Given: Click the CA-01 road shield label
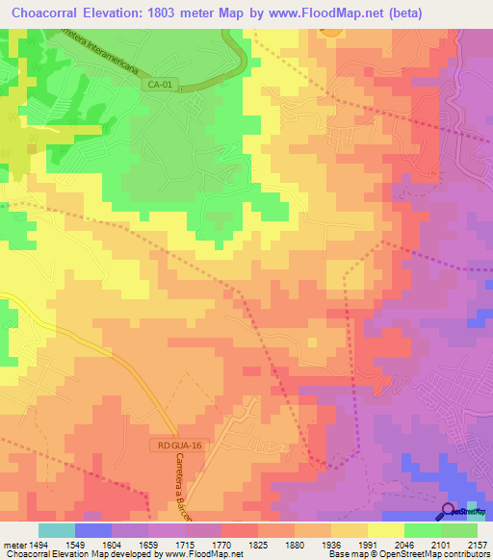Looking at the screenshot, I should click(x=162, y=85).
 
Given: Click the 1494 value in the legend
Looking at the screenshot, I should click(x=39, y=544).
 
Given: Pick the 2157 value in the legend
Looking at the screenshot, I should click(x=477, y=544).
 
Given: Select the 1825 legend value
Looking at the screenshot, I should click(x=257, y=544).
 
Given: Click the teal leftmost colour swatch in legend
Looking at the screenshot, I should click(x=57, y=530).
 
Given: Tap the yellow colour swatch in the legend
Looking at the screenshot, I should click(x=385, y=530).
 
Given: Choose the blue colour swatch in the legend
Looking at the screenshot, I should click(x=93, y=530).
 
